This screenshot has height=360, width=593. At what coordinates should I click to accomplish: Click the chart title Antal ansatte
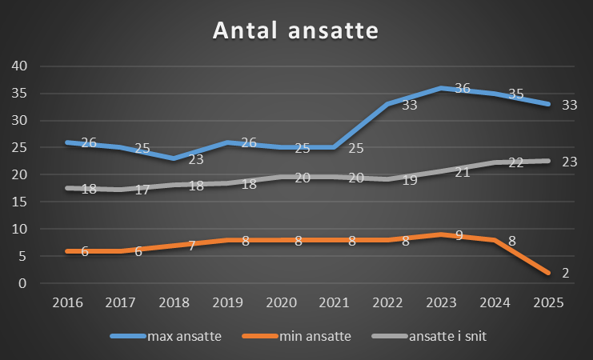tap(295, 31)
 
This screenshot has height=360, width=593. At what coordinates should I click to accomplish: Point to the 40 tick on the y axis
tap(18, 66)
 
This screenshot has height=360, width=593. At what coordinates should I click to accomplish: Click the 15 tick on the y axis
tap(18, 202)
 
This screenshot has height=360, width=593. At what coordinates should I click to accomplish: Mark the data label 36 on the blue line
tap(462, 89)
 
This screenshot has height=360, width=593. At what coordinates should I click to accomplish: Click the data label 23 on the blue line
tap(196, 159)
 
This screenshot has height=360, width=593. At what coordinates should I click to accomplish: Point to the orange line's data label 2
tap(565, 273)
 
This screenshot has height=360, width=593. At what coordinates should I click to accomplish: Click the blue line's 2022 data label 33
tap(409, 105)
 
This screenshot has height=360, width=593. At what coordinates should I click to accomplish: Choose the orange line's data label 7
tap(192, 246)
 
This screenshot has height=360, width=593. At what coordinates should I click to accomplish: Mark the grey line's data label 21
tap(462, 173)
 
